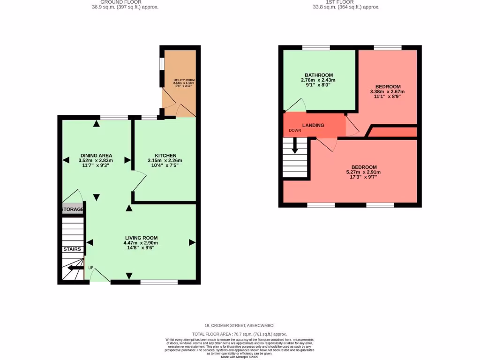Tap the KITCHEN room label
tap(165, 156)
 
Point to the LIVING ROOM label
tap(141, 238)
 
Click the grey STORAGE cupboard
tap(73, 209)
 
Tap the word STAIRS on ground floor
tap(72, 249)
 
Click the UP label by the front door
tap(91, 268)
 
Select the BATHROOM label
tap(319, 75)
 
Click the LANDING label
tap(313, 125)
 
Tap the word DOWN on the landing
tap(295, 130)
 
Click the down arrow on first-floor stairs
tap(295, 147)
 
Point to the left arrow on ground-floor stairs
tap(73, 268)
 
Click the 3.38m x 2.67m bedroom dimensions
tap(388, 91)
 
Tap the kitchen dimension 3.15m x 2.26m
tap(165, 161)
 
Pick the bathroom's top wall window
tap(316, 47)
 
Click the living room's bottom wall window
tap(159, 282)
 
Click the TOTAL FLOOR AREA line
tap(240, 334)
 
